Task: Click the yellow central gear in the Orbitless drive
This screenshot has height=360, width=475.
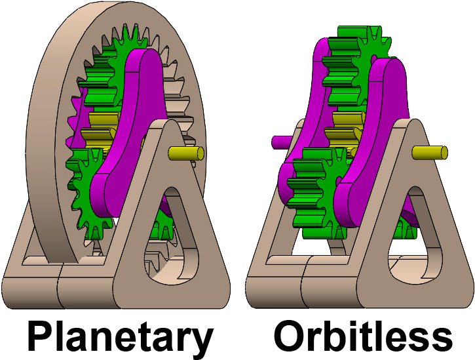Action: (x=344, y=125)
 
